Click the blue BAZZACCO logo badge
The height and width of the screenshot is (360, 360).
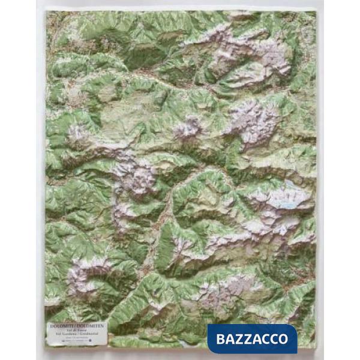pyautogui.click(x=252, y=338)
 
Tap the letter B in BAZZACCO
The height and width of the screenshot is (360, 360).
pyautogui.click(x=219, y=338)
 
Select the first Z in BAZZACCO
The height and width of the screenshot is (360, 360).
pyautogui.click(x=238, y=338)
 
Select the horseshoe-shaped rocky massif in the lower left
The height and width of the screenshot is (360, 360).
pyautogui.click(x=84, y=273)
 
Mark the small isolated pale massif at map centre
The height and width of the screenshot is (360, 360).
pyautogui.click(x=187, y=128)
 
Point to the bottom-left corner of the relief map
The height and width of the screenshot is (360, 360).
pyautogui.click(x=46, y=347)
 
